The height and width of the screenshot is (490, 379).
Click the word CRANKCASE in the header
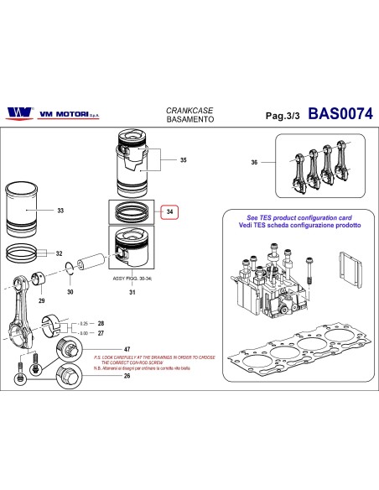click(182, 109)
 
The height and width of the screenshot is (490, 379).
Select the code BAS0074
click(341, 112)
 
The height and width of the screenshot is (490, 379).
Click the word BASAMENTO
click(182, 121)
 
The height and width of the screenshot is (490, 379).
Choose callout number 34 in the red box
click(170, 212)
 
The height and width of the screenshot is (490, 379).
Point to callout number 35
click(184, 159)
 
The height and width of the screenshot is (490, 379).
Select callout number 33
click(60, 211)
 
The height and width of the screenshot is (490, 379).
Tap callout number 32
click(59, 253)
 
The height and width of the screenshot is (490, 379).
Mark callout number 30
click(70, 291)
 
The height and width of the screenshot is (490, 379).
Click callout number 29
click(41, 299)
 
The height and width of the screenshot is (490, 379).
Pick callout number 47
click(127, 348)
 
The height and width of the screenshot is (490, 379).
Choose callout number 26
click(127, 376)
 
